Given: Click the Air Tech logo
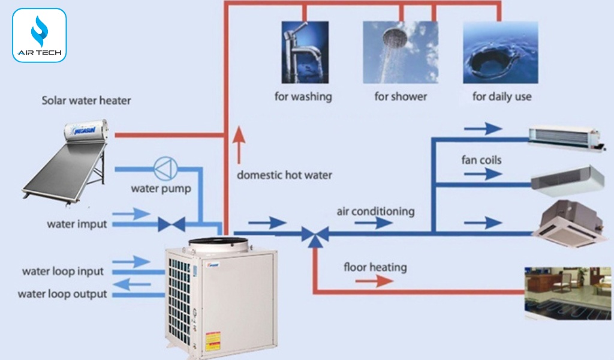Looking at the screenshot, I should click(39, 35).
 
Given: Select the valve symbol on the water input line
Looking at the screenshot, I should click(171, 224).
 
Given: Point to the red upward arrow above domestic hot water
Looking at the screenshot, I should click(239, 145).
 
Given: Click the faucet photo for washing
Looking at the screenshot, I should click(305, 52).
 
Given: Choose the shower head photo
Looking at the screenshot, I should click(401, 52).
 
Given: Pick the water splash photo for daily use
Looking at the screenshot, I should click(500, 52).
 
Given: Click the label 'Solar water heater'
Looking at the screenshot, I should click(86, 100).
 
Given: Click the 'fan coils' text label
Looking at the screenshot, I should click(481, 160).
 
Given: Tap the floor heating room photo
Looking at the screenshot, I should click(567, 293).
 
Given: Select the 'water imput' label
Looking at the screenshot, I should click(77, 224).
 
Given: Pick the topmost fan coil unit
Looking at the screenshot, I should click(564, 137).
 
